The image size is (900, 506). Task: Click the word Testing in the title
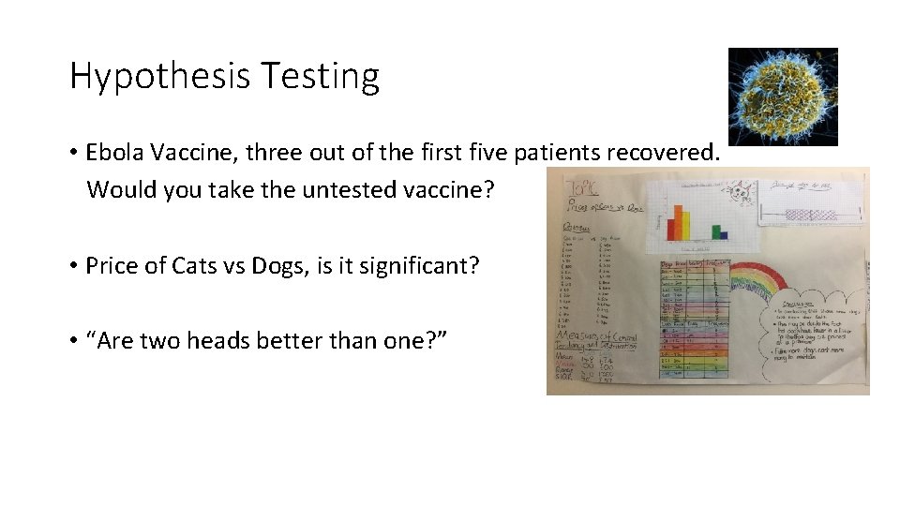tap(320, 76)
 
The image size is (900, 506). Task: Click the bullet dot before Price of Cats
tap(72, 266)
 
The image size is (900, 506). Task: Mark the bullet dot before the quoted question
tap(72, 342)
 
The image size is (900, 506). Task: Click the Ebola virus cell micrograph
tap(783, 97)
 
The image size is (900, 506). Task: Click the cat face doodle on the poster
tap(742, 195)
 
